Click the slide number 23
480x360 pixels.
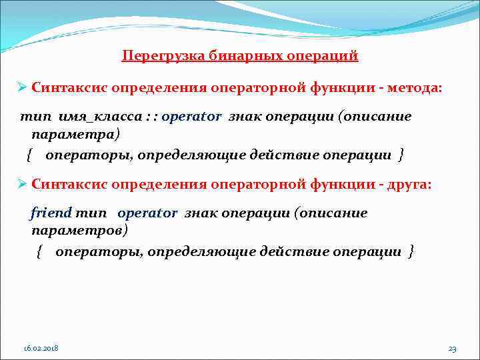452,349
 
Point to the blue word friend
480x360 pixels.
51,213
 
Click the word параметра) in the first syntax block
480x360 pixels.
76,135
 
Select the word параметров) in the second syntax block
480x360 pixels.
79,231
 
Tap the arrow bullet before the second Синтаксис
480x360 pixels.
22,183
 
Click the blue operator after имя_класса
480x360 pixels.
191,117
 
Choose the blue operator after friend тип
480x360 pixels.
147,213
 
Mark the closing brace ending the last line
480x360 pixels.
411,251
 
